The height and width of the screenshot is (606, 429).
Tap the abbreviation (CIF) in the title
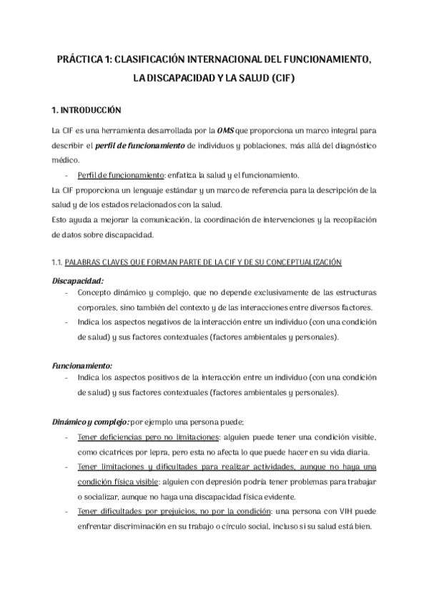278,79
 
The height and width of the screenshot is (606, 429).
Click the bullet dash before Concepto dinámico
66,293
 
